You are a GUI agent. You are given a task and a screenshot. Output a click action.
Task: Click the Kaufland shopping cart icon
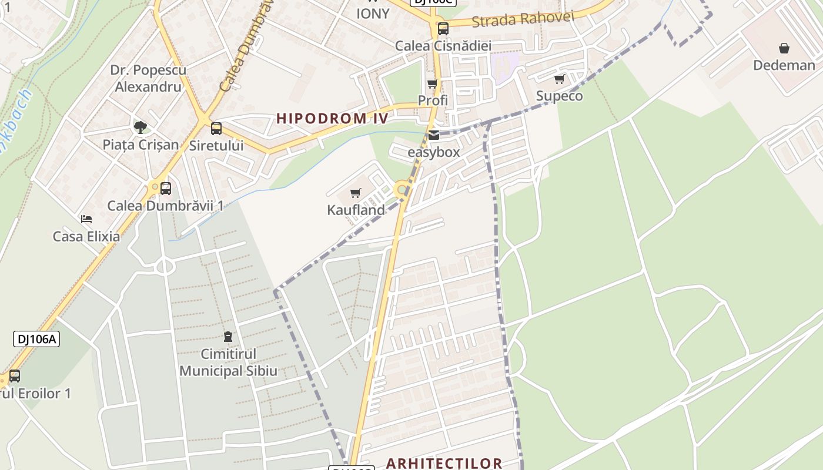(355, 193)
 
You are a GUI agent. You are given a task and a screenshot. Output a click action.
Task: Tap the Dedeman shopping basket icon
(784, 48)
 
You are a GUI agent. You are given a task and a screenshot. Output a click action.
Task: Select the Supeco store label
(559, 96)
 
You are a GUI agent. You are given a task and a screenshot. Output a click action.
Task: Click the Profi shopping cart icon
(432, 84)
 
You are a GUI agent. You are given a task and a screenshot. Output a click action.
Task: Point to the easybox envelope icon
(434, 135)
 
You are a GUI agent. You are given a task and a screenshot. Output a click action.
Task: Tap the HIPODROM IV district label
(332, 118)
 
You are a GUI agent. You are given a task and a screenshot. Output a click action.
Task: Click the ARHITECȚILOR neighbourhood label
(444, 463)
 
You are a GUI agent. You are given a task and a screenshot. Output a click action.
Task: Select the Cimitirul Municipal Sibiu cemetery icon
(228, 337)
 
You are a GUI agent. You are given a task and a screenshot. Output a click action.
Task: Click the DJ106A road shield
(36, 339)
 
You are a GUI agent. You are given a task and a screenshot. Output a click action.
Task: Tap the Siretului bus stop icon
(216, 129)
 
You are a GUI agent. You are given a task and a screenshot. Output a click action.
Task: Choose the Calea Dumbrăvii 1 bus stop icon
(166, 189)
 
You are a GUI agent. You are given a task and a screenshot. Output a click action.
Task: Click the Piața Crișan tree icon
(140, 127)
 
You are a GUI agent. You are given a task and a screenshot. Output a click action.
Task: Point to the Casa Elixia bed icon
(86, 219)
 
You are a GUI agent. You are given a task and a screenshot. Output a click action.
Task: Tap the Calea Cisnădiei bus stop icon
(443, 28)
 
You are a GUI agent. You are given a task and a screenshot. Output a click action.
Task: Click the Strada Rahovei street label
(522, 19)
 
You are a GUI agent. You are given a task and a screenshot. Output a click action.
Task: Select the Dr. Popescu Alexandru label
(148, 78)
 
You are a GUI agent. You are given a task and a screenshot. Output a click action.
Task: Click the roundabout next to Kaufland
(402, 189)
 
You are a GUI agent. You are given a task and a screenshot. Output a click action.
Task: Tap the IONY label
(373, 13)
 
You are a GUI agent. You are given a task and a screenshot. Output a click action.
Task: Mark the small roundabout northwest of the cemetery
(165, 267)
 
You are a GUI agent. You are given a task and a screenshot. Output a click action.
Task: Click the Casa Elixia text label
(86, 236)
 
